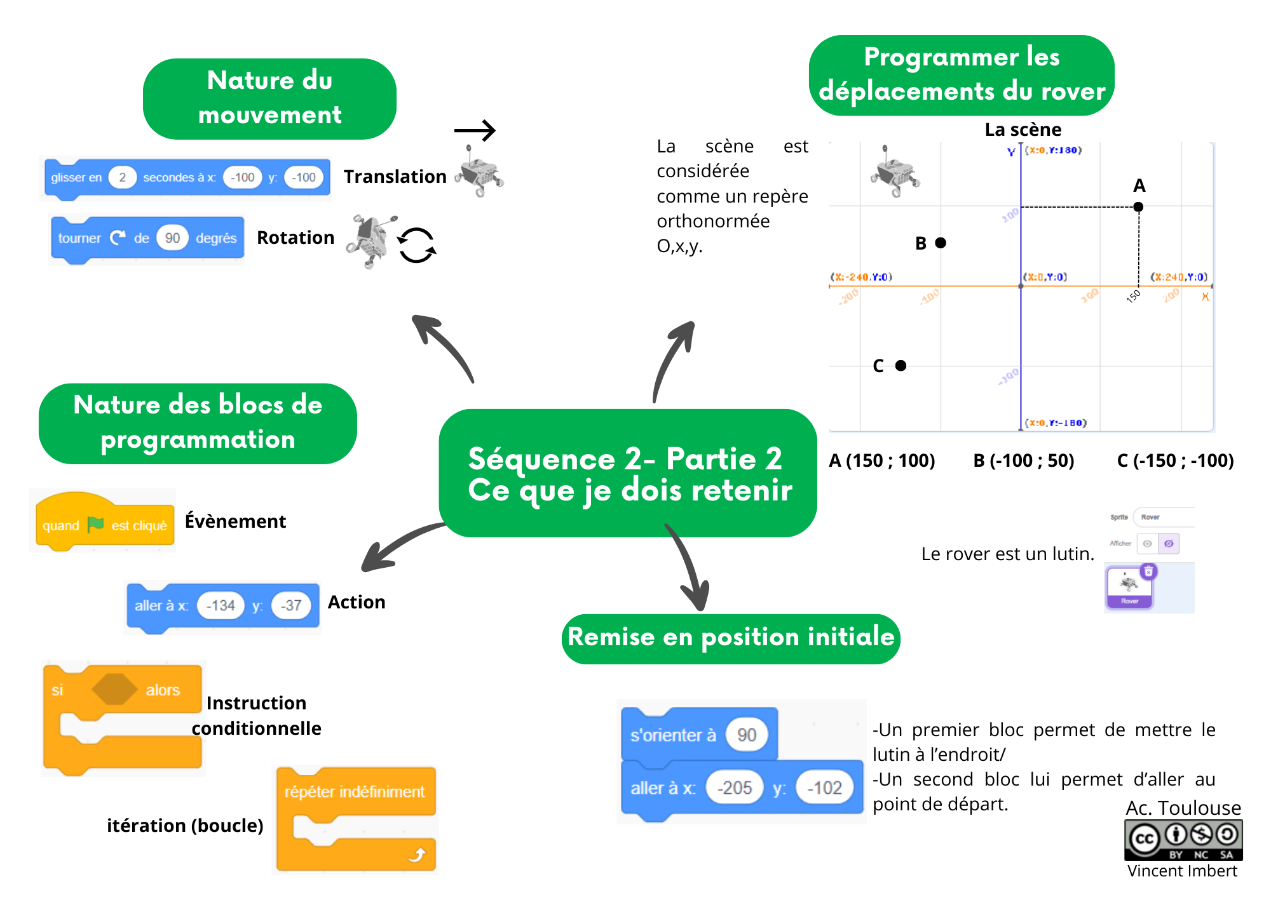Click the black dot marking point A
(x=1138, y=206)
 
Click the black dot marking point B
(x=941, y=243)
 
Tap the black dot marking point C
(x=901, y=365)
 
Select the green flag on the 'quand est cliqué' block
(x=95, y=525)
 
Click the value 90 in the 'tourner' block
(x=172, y=238)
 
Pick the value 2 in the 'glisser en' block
(x=122, y=177)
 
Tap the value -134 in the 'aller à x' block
(x=221, y=605)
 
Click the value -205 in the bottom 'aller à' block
(x=734, y=787)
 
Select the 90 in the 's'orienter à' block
(x=746, y=735)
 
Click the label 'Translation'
(x=395, y=177)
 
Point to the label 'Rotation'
(x=296, y=238)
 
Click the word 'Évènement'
(x=235, y=521)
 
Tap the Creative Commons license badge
(x=1183, y=840)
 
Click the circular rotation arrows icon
(x=416, y=245)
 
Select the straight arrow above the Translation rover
(x=475, y=131)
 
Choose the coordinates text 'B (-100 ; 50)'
(x=1023, y=460)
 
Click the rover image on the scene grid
(x=895, y=172)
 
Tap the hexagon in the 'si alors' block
(x=114, y=690)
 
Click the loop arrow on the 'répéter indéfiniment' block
(x=417, y=855)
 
